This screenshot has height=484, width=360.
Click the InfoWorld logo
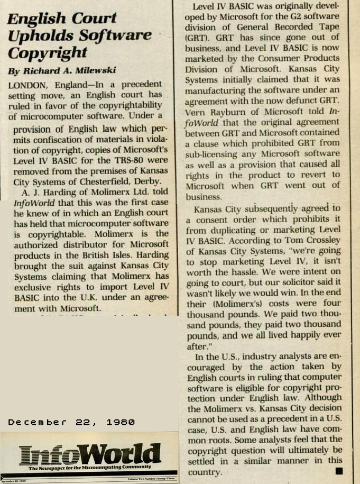point(89,454)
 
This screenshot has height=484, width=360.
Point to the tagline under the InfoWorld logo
point(89,468)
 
